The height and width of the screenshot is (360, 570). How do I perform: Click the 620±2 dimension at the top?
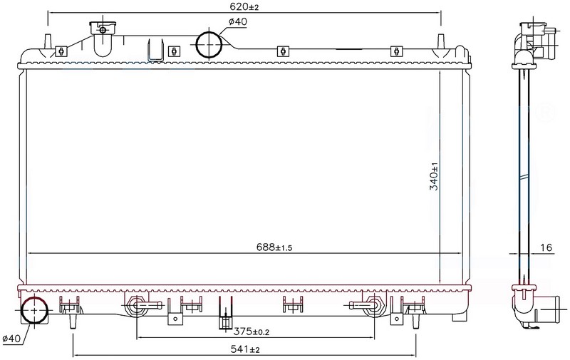coord(244,6)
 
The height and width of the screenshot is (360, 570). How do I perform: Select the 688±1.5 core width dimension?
coord(274,247)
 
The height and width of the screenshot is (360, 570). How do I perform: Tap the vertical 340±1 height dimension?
coord(434,176)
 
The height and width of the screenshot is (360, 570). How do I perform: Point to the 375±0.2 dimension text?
coord(252,331)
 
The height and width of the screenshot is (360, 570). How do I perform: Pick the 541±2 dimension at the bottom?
coord(245,349)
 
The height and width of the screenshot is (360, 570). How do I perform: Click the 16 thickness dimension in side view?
coord(546,247)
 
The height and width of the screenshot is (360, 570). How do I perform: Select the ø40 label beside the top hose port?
coord(238,22)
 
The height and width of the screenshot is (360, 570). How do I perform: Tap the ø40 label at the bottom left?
coord(11,339)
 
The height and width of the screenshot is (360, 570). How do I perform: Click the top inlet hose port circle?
coord(209,44)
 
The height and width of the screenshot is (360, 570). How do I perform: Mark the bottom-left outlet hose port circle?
coord(34,310)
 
